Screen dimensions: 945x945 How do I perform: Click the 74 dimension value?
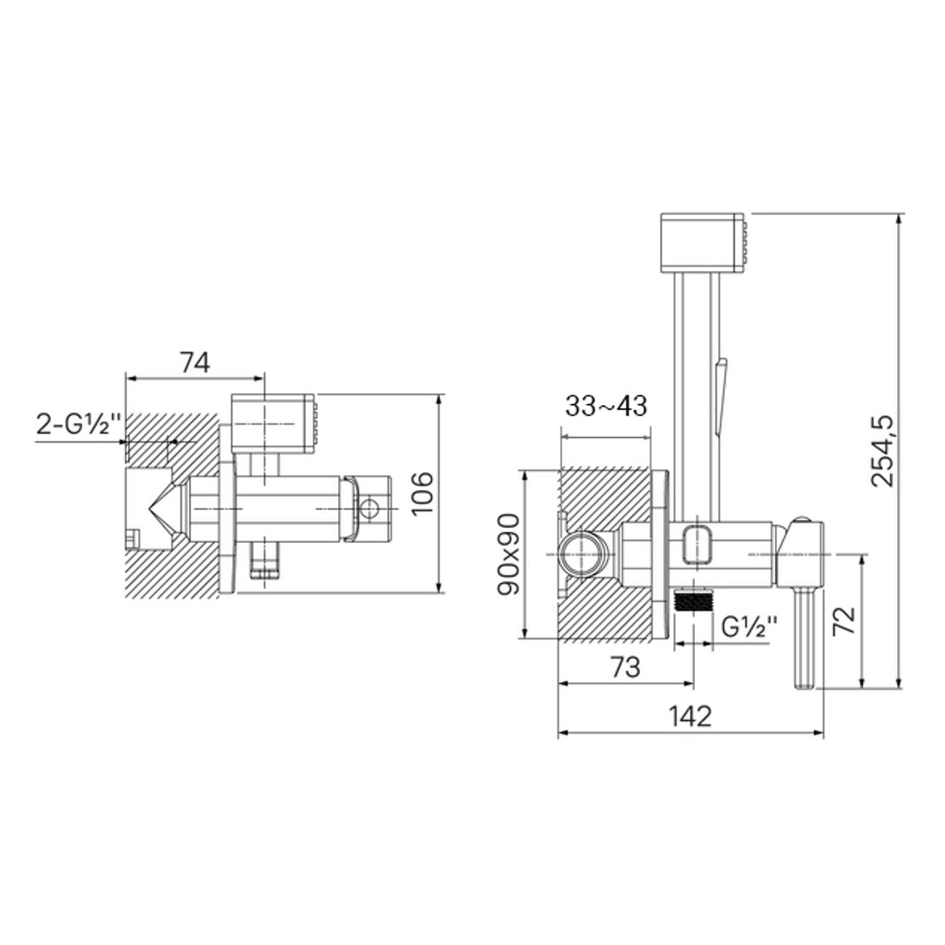tap(196, 363)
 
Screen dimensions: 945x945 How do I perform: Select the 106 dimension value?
tap(422, 493)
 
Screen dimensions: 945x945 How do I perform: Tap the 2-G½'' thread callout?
tap(79, 425)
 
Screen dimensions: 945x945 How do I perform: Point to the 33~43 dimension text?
tap(606, 406)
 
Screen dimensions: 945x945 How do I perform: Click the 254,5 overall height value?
tap(882, 451)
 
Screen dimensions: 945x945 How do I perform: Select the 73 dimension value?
tap(625, 667)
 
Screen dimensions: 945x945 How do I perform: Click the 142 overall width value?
tap(691, 717)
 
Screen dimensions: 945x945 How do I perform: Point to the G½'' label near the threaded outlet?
tap(749, 626)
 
